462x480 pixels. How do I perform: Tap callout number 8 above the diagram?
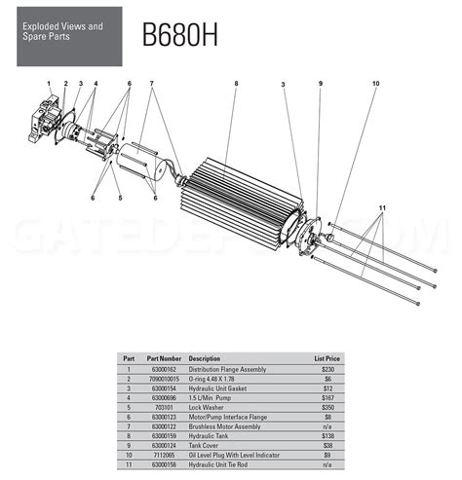click(x=236, y=85)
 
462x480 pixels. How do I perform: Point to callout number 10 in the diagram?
click(x=375, y=85)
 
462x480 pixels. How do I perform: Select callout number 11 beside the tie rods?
click(x=383, y=209)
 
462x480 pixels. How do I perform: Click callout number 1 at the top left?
click(x=48, y=85)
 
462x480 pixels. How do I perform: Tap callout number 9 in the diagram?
click(x=320, y=85)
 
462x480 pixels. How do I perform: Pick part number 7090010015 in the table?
click(x=164, y=376)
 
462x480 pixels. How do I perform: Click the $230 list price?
click(x=328, y=367)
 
